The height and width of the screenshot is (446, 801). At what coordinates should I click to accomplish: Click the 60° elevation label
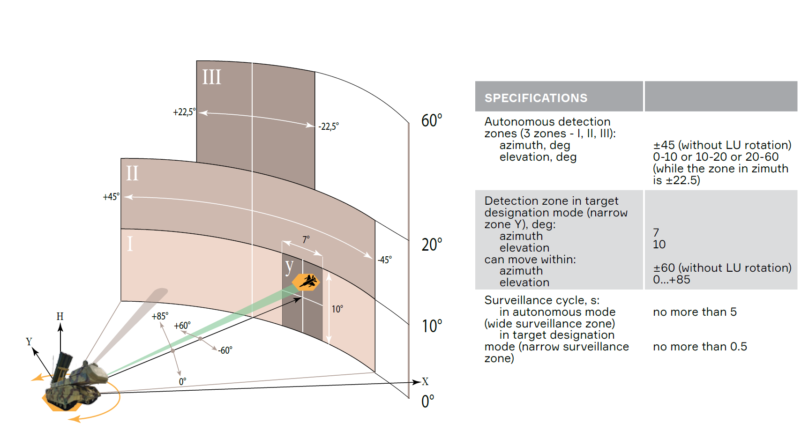coord(431,121)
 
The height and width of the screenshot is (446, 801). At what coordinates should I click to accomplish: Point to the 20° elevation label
coord(431,245)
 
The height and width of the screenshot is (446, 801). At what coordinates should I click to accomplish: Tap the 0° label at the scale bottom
coord(427,401)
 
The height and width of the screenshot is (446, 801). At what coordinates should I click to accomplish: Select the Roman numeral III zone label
coord(211,77)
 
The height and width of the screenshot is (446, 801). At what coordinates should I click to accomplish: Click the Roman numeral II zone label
coord(132,173)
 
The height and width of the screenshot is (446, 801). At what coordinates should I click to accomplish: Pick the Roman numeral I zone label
coord(130,244)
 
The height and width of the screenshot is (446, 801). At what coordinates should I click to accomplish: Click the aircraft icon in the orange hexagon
coord(307,282)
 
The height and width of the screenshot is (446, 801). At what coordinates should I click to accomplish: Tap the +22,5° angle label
coord(184,112)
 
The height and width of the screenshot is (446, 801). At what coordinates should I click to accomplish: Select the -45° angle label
coord(385,260)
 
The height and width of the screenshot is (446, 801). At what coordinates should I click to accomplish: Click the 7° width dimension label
coord(306,240)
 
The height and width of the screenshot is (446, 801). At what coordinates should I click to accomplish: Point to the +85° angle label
coord(160,316)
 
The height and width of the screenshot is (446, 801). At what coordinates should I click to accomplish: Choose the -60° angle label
coord(225,350)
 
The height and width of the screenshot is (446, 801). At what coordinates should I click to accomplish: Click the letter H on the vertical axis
coord(60,316)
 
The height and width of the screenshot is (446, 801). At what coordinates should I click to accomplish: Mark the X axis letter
coord(425,381)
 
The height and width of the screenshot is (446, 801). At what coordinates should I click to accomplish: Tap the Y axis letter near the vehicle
coord(29,341)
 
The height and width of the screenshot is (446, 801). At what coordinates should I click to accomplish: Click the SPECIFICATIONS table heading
coord(536,98)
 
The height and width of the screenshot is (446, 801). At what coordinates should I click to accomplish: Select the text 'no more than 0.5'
coord(700,347)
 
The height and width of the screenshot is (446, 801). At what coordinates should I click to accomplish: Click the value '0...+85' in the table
coord(671,280)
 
